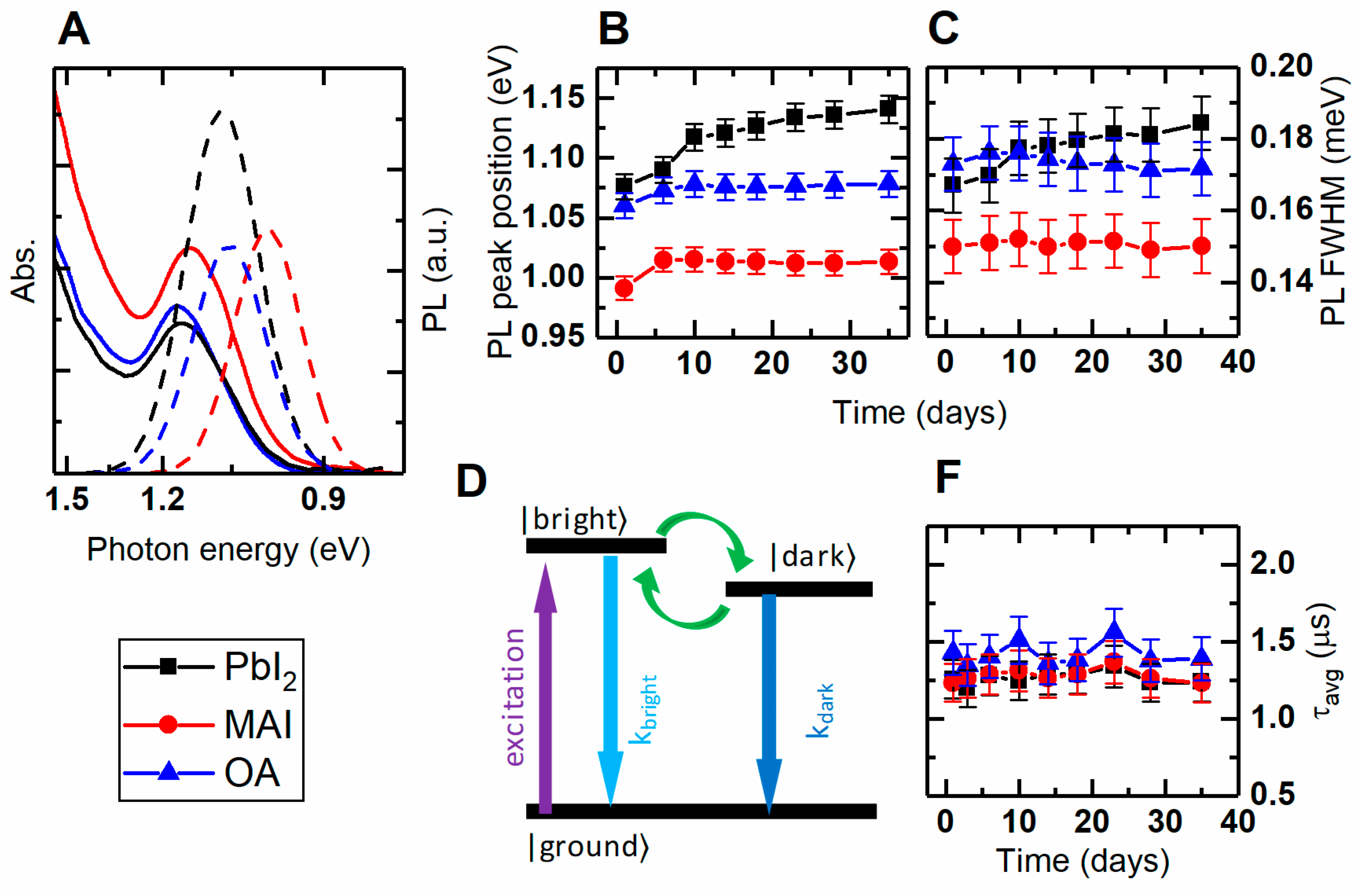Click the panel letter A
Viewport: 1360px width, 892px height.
[x=74, y=30]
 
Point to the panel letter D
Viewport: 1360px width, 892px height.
[x=471, y=481]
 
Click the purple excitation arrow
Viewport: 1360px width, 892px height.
[x=546, y=686]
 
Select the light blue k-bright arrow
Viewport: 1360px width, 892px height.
[x=611, y=680]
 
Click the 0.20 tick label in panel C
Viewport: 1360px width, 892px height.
[x=1281, y=65]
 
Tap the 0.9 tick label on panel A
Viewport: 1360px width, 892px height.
[x=323, y=499]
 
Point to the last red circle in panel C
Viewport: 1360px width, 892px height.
[x=1202, y=246]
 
